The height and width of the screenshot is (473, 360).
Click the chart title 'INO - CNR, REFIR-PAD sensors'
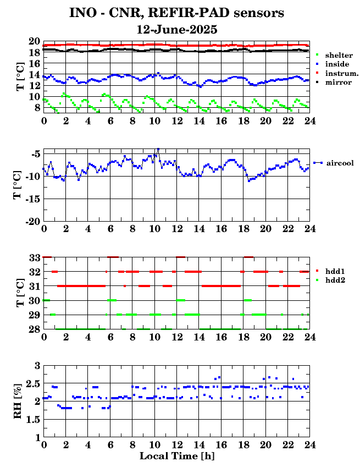[176, 13]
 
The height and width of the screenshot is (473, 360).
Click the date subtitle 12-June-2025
[177, 30]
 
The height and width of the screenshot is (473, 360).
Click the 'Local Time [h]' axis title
[177, 456]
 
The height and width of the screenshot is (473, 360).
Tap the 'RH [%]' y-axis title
[18, 401]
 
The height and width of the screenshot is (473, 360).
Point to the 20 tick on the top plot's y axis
[35, 41]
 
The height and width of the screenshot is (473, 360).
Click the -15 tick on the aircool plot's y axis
[32, 199]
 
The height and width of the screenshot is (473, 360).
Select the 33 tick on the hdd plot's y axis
[35, 257]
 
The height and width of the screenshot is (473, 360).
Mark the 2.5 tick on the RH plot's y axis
[33, 384]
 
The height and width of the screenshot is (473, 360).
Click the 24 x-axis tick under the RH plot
[309, 444]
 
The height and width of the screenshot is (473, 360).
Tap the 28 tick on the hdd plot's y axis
[35, 329]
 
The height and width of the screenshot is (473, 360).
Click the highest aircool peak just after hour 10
[158, 149]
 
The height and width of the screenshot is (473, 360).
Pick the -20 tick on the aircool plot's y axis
[32, 222]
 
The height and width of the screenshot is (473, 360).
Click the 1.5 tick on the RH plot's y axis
[33, 420]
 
